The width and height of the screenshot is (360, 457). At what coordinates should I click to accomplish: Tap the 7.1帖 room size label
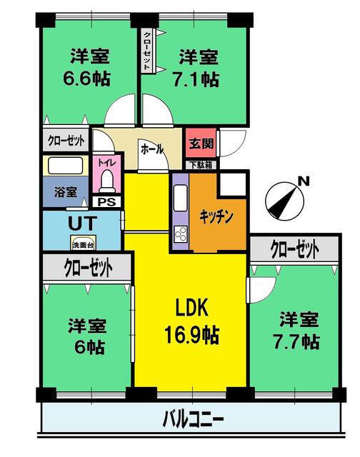pos(198,79)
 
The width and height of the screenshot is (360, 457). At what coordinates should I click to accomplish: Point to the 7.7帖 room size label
pos(299,342)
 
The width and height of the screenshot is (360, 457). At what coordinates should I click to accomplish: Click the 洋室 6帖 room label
pos(87,337)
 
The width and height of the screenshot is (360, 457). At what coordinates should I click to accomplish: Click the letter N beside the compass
pos(303,181)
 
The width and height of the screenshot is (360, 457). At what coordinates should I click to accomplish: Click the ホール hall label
pos(152,150)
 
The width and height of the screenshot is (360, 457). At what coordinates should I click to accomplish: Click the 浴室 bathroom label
pos(66,192)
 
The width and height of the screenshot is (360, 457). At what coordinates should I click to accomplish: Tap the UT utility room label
pos(79,222)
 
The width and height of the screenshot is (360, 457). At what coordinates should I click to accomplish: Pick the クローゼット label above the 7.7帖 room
pos(294,248)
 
